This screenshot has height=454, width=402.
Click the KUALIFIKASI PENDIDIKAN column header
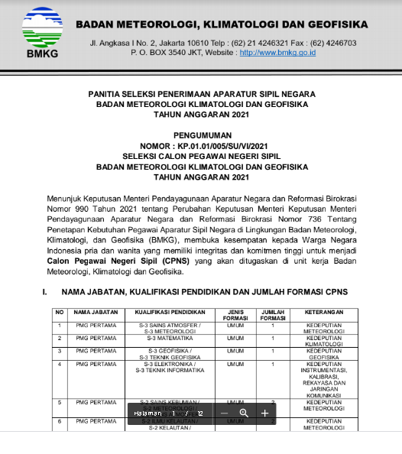pos(170,313)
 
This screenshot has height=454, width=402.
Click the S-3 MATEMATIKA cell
pos(170,338)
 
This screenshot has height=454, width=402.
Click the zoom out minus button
pos(224,413)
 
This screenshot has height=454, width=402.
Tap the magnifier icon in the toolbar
pos(244,413)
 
